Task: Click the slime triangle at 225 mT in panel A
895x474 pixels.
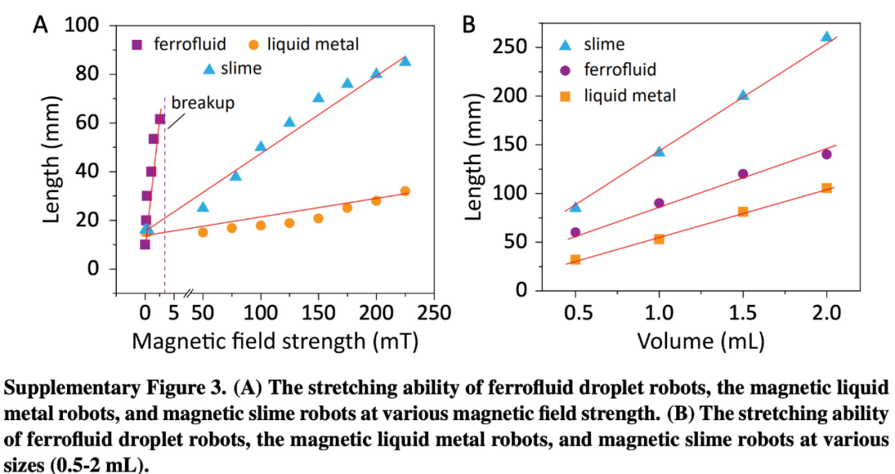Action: (405, 60)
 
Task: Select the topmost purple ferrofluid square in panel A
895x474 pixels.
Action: (160, 119)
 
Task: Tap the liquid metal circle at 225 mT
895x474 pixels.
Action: (405, 191)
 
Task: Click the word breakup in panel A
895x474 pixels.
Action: (203, 103)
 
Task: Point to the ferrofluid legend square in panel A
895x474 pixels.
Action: (138, 44)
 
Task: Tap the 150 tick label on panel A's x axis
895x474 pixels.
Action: (318, 313)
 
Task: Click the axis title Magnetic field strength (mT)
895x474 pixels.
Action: (275, 341)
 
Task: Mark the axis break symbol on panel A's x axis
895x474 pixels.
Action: (189, 293)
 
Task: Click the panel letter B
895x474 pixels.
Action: (468, 25)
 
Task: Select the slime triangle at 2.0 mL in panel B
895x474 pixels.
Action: (826, 37)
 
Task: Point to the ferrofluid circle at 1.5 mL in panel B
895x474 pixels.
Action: (743, 174)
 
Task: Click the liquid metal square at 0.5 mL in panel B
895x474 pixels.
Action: (575, 260)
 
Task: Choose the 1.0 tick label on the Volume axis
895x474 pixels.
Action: (659, 313)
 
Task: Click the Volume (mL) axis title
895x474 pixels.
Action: (700, 341)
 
